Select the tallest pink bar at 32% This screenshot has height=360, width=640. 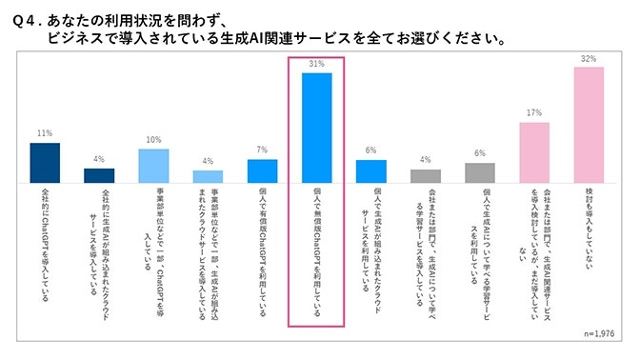(588, 125)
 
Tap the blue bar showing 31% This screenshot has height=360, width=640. (316, 128)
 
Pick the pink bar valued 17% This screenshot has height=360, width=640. (534, 151)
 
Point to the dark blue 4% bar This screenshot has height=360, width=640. (99, 175)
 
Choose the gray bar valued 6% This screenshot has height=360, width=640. (480, 172)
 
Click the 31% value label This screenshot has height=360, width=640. (316, 64)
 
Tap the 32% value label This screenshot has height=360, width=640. (588, 59)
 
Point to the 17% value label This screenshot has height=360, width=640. (534, 112)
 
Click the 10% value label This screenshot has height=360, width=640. (153, 140)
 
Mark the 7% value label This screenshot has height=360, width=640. (262, 150)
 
